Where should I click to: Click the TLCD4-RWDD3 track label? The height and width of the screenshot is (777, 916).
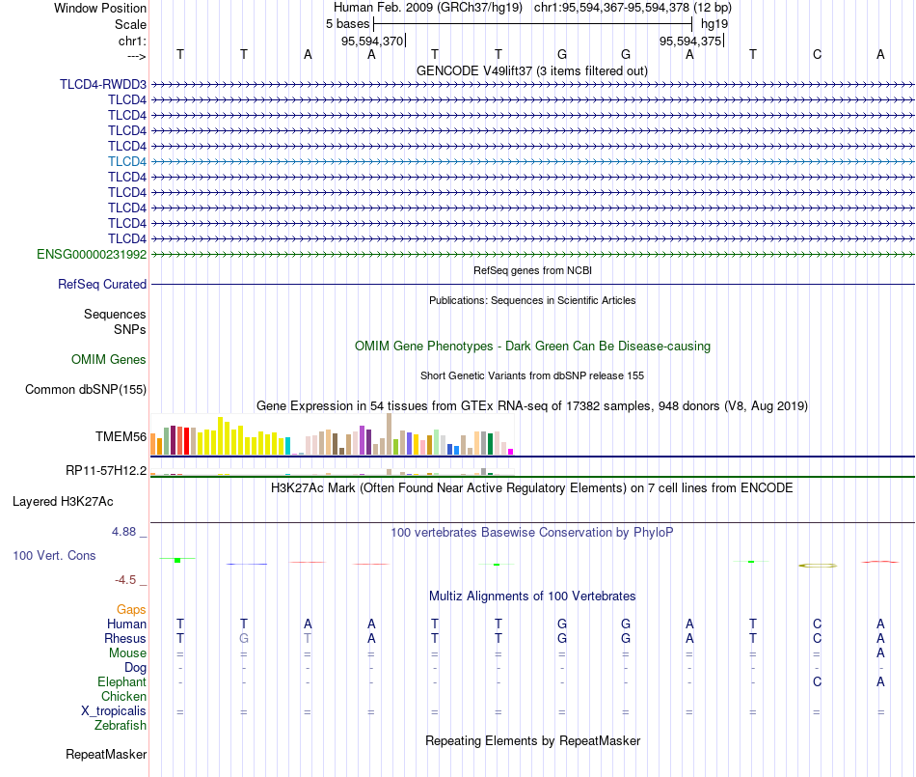coord(103,84)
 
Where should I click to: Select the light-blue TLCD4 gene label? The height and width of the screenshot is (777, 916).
coord(127,161)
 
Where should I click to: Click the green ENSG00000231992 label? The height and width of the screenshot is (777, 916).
coord(92,254)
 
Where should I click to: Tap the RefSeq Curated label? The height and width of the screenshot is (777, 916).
coord(102,284)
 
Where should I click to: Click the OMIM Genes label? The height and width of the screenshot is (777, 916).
coord(109,360)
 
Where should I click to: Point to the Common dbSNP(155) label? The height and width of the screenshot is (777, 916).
coord(86,389)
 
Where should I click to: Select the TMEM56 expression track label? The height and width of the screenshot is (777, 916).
coord(121,436)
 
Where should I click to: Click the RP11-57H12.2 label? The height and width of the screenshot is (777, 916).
coord(106,471)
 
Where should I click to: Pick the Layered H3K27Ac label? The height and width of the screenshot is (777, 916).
coord(63,502)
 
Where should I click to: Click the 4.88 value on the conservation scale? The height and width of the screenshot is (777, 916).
coord(123,532)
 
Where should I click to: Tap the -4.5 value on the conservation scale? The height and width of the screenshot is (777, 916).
coord(125,580)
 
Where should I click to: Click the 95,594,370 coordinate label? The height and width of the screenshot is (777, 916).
coord(372,41)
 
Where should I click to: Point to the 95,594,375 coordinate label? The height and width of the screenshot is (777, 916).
coord(690,41)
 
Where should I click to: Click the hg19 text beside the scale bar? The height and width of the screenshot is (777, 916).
coord(714,24)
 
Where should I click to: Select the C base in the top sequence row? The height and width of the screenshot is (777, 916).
coord(817,54)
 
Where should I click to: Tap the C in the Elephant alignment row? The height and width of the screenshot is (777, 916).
coord(817,681)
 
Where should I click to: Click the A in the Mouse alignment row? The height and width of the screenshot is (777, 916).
coord(880,653)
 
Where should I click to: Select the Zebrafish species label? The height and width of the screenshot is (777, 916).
coord(121,726)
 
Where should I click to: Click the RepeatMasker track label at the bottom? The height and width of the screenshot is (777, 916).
coord(106,754)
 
